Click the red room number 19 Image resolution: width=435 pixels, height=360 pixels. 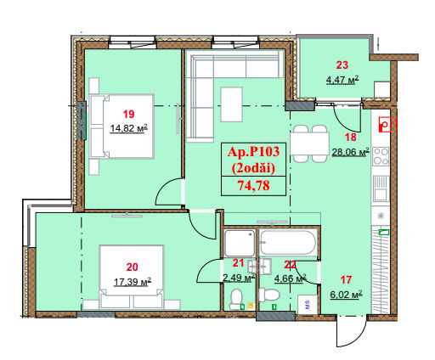pos(128,115)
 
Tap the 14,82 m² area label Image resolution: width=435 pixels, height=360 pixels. pos(129,128)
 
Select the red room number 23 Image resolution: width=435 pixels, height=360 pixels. pos(342,65)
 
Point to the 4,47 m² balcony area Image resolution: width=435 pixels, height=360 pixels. pos(342,80)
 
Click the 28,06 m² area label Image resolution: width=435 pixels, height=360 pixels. pos(350,152)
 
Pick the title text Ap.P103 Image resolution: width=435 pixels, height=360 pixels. pos(253,152)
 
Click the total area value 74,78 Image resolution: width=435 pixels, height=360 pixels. pos(253,186)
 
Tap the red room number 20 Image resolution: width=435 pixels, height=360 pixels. pos(133,267)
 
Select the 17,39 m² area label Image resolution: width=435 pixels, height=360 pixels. pos(133,282)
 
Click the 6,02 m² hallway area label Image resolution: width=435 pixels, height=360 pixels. pos(346,295)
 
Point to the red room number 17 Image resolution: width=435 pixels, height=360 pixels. pos(346,280)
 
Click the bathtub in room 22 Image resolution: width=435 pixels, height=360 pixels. pos(288,243)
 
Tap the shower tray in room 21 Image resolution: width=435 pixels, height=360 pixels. pos(240,243)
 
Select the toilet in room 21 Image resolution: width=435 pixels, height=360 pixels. pos(236,299)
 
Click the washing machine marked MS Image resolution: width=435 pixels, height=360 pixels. pos(308,304)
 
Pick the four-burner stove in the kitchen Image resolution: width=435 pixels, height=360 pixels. pos(381,156)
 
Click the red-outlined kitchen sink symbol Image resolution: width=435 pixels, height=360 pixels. pos(385,125)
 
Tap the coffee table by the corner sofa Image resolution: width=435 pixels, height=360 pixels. pos(231,104)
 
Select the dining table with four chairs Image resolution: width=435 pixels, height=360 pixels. pos(310,143)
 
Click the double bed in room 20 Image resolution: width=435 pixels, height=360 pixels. pos(132,277)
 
